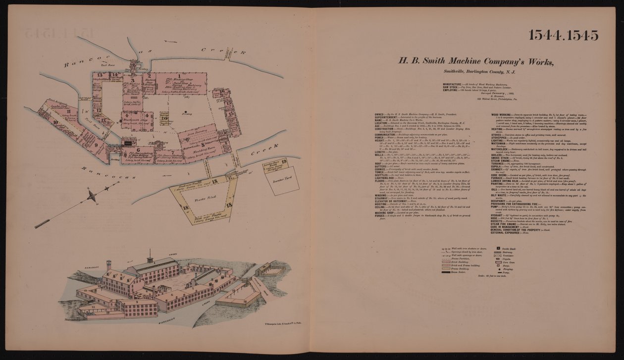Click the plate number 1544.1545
[563, 35]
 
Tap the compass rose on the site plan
[92, 197]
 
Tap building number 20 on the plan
[163, 117]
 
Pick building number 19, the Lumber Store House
[284, 161]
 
